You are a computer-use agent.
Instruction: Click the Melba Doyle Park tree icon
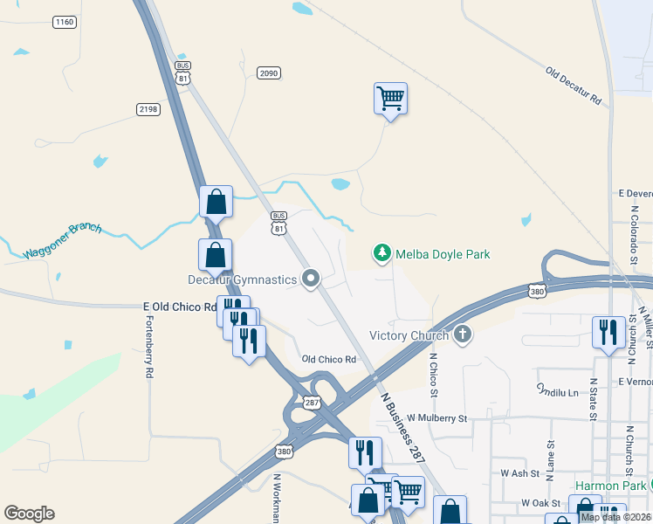[x=381, y=254]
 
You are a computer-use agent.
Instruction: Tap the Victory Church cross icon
[x=464, y=334]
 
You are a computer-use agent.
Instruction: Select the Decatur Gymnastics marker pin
[x=311, y=279]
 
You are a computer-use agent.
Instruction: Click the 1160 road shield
[x=64, y=22]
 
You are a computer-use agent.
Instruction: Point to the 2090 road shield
[x=269, y=73]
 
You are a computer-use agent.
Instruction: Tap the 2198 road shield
[x=148, y=108]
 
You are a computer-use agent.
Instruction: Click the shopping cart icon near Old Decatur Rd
[x=390, y=98]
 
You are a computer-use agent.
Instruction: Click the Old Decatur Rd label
[x=574, y=86]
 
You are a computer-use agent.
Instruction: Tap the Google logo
[x=29, y=513]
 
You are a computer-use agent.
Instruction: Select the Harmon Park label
[x=610, y=486]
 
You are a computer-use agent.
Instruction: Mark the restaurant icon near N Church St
[x=608, y=332]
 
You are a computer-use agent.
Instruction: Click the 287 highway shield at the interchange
[x=312, y=402]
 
